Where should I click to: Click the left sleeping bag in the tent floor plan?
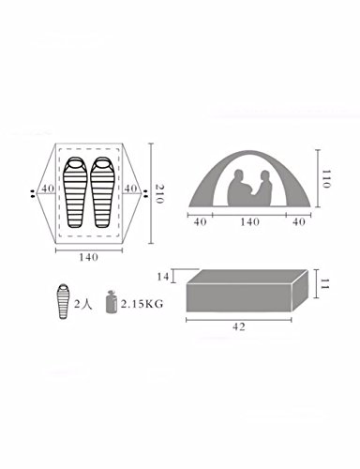pos(75,192)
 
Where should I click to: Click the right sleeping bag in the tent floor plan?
pos(102,192)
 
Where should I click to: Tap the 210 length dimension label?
pos(159,194)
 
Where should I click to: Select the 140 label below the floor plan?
pos(88,257)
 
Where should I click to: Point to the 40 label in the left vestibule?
pos(48,189)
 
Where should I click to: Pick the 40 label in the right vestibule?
pos(130,189)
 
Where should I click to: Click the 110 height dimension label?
pos(326,179)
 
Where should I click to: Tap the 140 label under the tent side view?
pos(250,222)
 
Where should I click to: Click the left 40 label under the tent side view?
pos(201,222)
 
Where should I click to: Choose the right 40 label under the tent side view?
pos(299,222)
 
